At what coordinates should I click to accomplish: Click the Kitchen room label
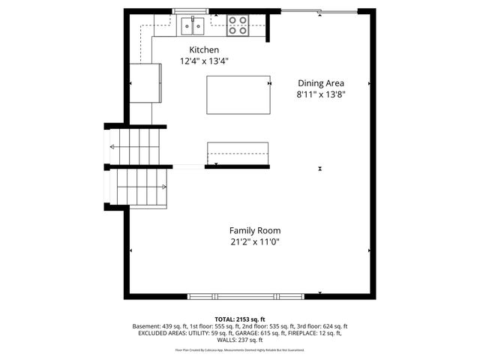point(204,49)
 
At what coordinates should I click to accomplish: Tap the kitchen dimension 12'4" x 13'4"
point(204,61)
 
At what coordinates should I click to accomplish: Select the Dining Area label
point(321,83)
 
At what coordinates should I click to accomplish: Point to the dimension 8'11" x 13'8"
point(321,95)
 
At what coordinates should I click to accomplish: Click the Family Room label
point(255,230)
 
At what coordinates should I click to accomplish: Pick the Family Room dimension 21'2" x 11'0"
point(255,242)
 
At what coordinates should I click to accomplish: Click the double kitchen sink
point(194,27)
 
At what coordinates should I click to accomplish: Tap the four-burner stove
point(238,25)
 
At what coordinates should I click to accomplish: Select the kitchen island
point(238,94)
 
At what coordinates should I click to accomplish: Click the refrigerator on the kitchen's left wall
point(145,82)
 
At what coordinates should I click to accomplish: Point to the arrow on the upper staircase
point(115,147)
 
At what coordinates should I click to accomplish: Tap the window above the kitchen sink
point(190,11)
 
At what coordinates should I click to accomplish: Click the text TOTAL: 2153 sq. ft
point(240,319)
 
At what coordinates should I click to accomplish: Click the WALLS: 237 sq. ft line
point(240,340)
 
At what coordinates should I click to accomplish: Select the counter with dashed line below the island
point(238,153)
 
